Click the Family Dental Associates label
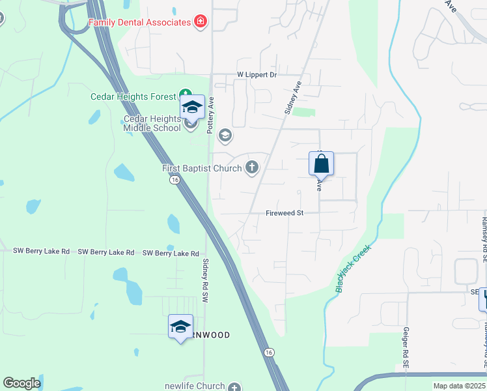pos(139,22)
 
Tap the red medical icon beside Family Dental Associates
pos(201,22)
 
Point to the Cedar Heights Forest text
pos(133,97)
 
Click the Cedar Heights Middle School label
pos(152,124)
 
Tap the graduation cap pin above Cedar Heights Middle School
pos(192,108)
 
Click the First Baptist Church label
pos(202,169)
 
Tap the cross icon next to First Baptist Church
pos(251,168)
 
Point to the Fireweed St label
pos(285,213)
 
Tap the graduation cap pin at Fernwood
pos(180,327)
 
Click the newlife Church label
pos(194,386)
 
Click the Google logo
pos(21,383)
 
